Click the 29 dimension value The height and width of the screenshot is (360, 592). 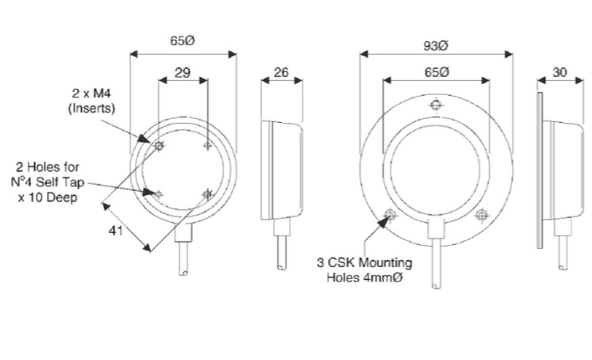(x=183, y=72)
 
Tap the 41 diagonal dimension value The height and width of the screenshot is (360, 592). (x=116, y=230)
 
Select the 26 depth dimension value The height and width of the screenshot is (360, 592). (x=281, y=72)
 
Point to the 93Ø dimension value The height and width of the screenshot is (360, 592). (x=436, y=46)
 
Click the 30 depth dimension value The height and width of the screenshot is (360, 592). (x=559, y=72)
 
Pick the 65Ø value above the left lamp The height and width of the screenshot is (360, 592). (x=183, y=40)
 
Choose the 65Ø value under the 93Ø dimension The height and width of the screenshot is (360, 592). (x=436, y=72)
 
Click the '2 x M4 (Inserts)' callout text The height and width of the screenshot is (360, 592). (x=92, y=101)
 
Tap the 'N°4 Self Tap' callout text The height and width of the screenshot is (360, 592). (x=48, y=182)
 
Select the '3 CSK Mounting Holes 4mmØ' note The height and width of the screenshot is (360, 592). (x=364, y=270)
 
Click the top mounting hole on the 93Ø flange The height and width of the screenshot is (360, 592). (x=436, y=105)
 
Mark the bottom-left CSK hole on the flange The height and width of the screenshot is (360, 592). (x=390, y=215)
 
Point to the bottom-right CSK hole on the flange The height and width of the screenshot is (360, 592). (x=481, y=216)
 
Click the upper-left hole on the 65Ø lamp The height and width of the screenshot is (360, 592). (x=159, y=145)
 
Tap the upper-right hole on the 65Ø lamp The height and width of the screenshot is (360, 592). (x=207, y=145)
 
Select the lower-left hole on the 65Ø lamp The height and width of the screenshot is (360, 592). (x=159, y=194)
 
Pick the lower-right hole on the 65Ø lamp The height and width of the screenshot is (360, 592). (x=207, y=194)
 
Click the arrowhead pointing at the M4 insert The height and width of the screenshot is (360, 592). (x=144, y=139)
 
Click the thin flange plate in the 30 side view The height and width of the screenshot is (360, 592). (x=540, y=170)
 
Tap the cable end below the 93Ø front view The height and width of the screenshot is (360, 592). (x=436, y=286)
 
